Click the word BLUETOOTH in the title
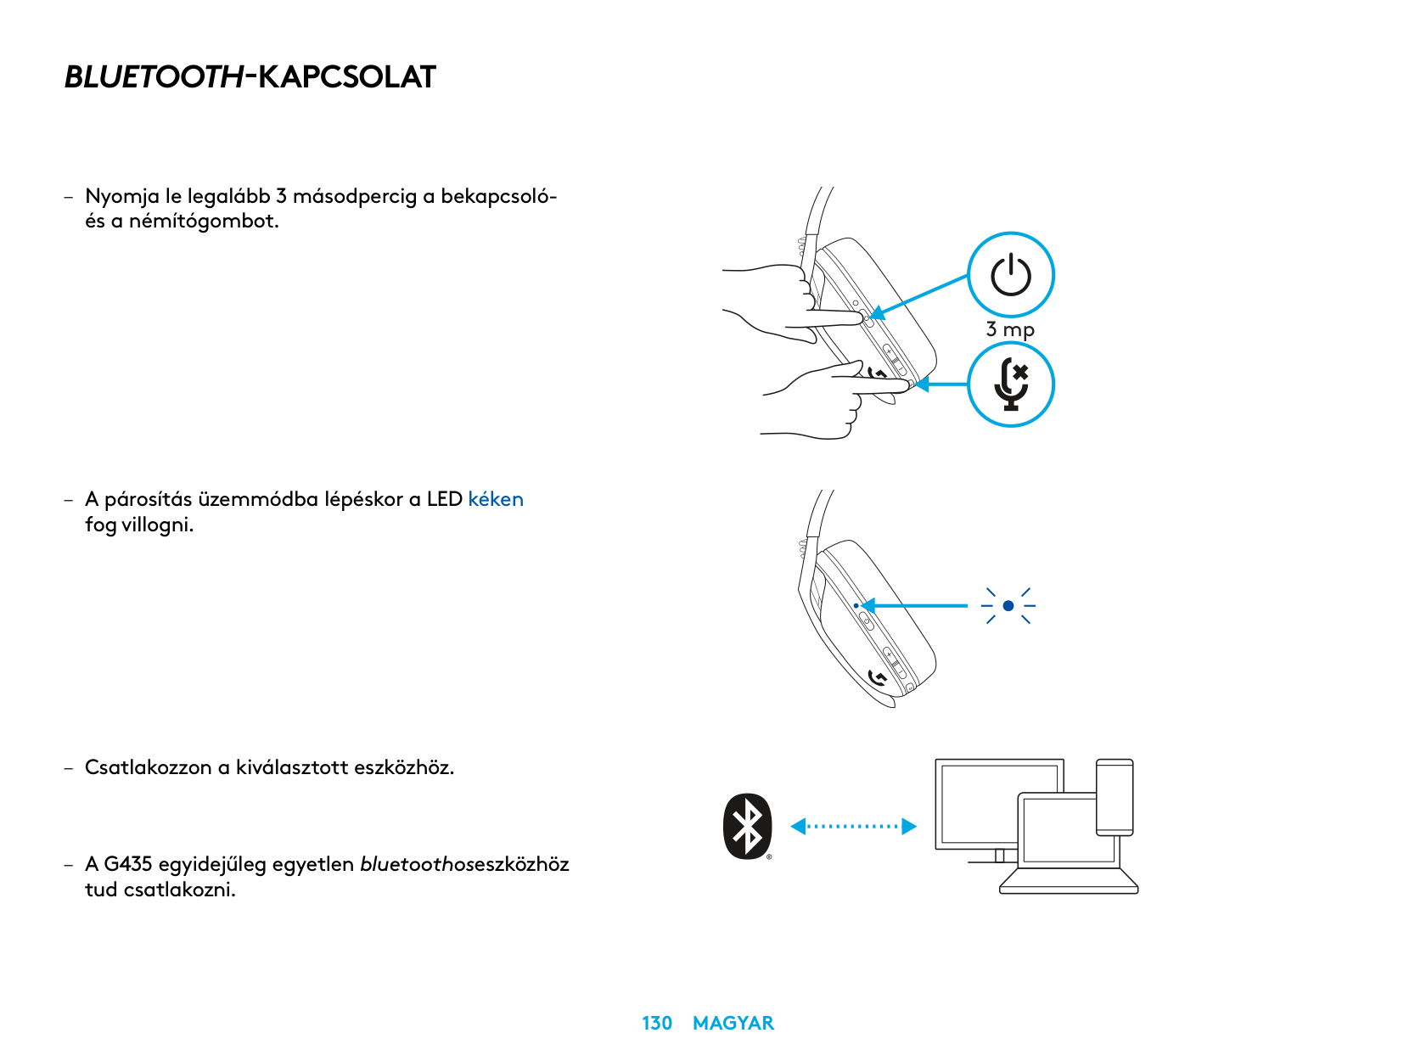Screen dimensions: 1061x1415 (x=154, y=77)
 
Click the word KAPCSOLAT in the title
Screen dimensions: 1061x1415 (x=346, y=77)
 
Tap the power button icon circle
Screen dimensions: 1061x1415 (x=1011, y=275)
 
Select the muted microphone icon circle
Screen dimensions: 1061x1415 (x=1011, y=385)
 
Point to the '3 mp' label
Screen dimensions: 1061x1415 (x=1010, y=329)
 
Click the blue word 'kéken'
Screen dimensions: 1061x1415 (x=496, y=499)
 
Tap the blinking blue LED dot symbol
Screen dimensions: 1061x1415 (x=1008, y=606)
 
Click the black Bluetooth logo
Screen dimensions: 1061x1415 (x=748, y=826)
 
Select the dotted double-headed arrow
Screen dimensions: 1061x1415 (x=853, y=826)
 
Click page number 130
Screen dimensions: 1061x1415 (x=657, y=1023)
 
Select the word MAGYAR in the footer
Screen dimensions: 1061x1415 (x=733, y=1023)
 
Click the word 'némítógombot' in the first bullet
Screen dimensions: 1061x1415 (x=204, y=222)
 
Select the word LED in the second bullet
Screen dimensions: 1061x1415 (x=444, y=499)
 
